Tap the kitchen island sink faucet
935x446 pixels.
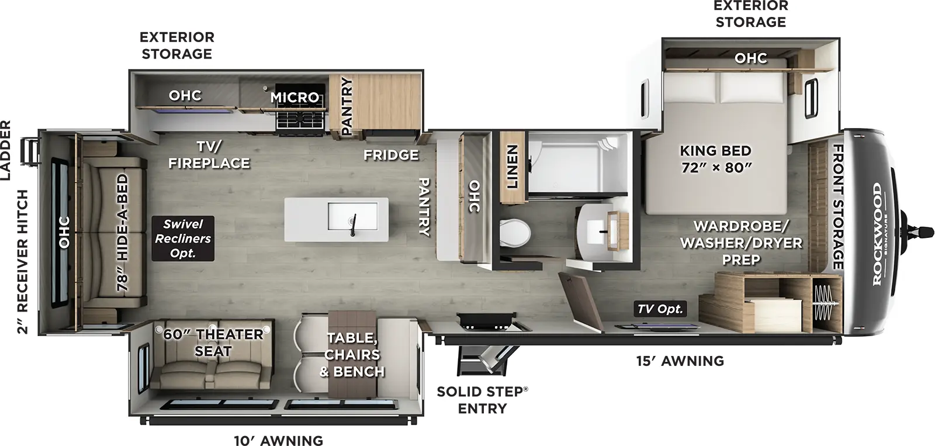point(352,225)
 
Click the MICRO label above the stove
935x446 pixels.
point(295,97)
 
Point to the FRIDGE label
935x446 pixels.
point(391,155)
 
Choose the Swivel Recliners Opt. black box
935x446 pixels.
point(183,238)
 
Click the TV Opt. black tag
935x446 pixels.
point(660,309)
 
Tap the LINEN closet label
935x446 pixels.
point(512,167)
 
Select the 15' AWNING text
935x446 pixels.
point(680,361)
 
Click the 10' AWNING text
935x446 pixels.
point(278,441)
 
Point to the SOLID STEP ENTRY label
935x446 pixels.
point(482,400)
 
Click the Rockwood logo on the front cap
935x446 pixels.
point(878,234)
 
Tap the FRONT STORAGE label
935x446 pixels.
point(837,207)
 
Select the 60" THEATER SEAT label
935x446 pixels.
point(213,343)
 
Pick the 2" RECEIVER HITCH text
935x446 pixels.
point(22,261)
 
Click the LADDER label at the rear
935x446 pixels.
point(6,150)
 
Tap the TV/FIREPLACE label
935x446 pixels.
point(209,155)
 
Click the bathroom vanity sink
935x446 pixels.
point(601,231)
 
